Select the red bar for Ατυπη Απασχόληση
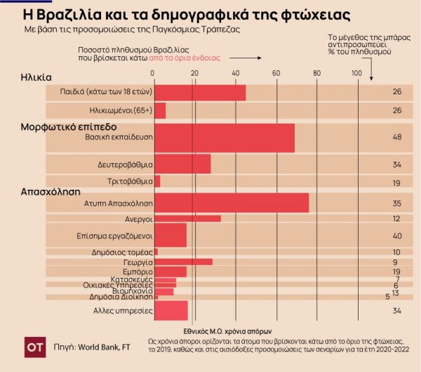pos(231,203)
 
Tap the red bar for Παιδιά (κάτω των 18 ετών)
pos(199,92)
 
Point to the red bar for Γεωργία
pos(182,262)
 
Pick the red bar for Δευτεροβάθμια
pos(182,165)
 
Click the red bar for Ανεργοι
pos(187,219)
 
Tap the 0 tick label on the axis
pos(154,74)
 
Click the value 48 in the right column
pos(397,137)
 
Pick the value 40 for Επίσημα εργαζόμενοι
pos(397,236)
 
